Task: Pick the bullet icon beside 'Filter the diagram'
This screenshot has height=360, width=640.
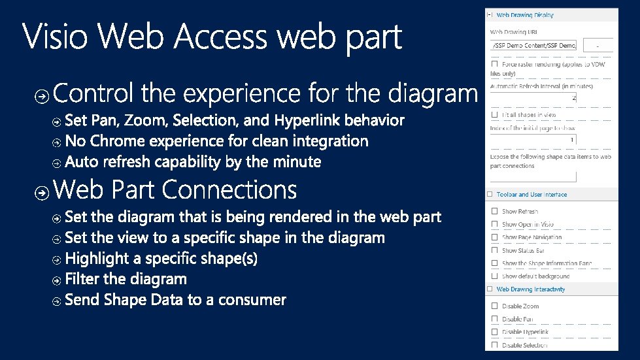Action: pos(57,280)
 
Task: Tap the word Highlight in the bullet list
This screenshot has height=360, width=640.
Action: pos(97,259)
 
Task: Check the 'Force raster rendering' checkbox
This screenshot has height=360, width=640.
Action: pos(494,64)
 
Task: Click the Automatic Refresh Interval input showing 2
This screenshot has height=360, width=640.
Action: pos(533,98)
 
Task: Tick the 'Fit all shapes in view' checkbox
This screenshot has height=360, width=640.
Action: pos(494,115)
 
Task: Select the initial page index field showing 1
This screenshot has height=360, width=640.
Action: pos(533,140)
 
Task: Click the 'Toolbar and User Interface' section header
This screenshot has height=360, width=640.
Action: pos(531,195)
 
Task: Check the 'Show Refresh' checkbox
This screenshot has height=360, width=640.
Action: pos(494,212)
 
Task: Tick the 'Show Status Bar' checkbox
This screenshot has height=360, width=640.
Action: pos(494,251)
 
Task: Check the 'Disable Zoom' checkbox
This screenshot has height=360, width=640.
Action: pos(494,306)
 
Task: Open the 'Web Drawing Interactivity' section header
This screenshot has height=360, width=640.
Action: pos(530,289)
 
